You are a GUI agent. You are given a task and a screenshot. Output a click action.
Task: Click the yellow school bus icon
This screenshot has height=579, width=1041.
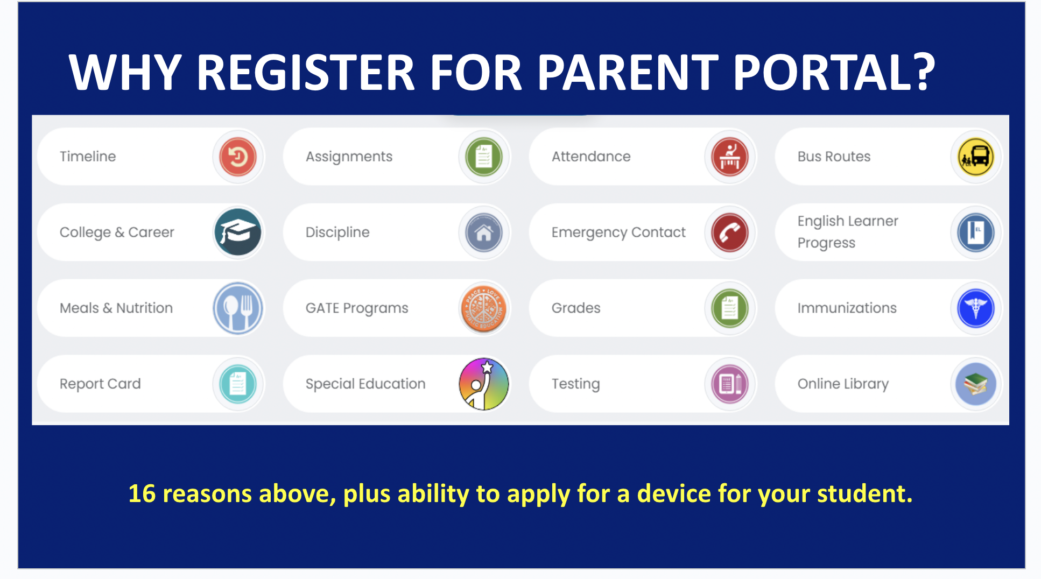click(975, 157)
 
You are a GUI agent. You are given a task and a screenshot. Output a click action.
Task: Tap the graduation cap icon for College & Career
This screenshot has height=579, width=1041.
click(237, 232)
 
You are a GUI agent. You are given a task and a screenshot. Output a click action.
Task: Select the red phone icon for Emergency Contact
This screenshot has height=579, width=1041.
click(729, 232)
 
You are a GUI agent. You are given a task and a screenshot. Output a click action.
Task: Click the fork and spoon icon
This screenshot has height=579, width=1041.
click(237, 308)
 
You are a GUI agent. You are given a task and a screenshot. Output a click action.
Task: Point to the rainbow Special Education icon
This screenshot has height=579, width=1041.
click(483, 384)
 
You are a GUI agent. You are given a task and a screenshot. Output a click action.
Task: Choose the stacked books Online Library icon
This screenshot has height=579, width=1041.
click(975, 384)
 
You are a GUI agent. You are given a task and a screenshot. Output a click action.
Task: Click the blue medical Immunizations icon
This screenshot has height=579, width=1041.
click(975, 308)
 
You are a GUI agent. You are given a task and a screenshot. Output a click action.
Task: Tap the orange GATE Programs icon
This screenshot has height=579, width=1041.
click(483, 308)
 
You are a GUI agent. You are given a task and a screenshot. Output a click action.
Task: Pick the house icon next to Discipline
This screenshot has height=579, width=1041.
click(483, 232)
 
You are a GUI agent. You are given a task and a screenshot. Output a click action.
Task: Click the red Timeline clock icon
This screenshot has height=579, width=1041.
click(237, 157)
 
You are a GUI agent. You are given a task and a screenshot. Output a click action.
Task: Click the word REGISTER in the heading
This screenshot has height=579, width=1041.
click(305, 72)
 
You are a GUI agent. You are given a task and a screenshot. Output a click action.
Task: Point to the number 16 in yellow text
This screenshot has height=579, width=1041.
click(142, 493)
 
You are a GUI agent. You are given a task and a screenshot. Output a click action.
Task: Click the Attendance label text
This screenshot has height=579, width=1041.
click(590, 157)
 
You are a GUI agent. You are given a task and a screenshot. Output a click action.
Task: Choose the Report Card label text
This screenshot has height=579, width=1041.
click(100, 384)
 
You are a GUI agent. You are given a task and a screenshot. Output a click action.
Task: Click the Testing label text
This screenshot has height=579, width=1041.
click(575, 384)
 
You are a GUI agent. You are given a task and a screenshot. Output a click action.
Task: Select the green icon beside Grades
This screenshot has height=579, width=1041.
click(729, 308)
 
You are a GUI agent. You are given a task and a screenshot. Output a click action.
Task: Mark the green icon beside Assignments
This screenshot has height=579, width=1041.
click(483, 157)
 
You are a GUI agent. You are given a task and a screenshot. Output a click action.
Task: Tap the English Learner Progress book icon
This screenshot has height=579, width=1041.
click(975, 232)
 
